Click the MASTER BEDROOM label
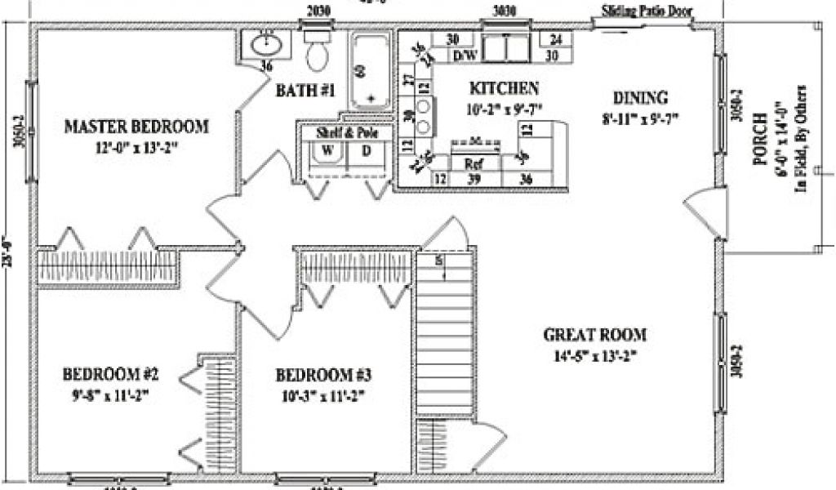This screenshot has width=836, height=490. tap(136, 127)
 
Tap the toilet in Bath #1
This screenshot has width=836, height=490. tap(316, 54)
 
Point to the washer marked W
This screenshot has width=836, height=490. tap(326, 151)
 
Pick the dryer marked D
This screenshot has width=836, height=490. tap(366, 151)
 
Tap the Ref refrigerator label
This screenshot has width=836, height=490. tap(471, 163)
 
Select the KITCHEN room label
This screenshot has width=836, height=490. tap(503, 88)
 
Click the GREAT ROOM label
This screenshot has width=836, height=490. tap(595, 335)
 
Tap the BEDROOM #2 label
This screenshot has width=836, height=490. tap(110, 375)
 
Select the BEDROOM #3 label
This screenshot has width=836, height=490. tap(323, 376)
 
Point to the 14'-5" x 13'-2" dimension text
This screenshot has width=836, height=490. tap(595, 355)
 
